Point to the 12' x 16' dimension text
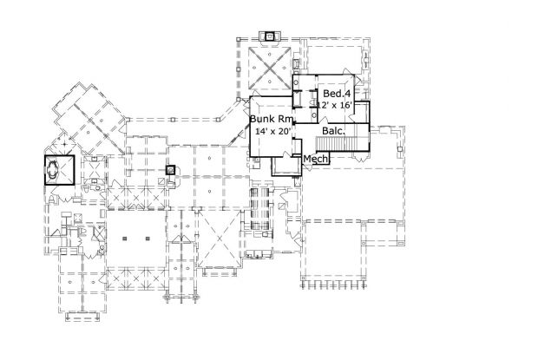pos(335,105)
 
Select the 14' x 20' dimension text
pos(273,131)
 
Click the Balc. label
pos(333,131)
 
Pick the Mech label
pos(316,159)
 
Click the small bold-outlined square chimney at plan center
pos(171,170)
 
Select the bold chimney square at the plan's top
pos(271,36)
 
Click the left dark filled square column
pos(125,239)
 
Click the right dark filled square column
pos(148,239)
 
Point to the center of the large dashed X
pos(220,239)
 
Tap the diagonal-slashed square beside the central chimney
pos(162,181)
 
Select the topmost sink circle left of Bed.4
pos(296,82)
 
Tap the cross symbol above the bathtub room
pos(64,144)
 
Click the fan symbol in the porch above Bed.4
pos(365,59)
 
